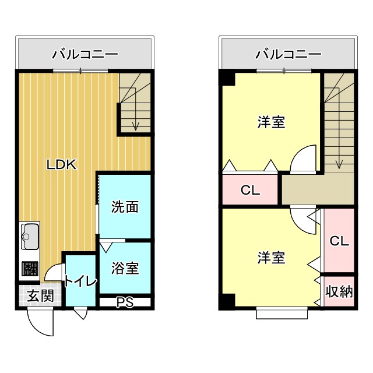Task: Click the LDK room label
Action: click(62, 164)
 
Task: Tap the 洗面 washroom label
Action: click(125, 207)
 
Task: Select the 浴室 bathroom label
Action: click(125, 269)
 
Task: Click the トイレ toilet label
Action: click(80, 281)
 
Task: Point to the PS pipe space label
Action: click(125, 302)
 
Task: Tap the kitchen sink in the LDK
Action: click(30, 236)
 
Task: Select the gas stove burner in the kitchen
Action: click(30, 269)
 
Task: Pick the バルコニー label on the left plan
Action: click(85, 55)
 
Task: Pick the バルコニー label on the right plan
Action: click(288, 55)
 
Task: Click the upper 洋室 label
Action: click(272, 122)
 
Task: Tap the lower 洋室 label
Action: click(272, 257)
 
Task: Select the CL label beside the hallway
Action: click(250, 191)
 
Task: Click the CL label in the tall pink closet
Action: click(339, 241)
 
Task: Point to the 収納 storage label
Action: click(339, 291)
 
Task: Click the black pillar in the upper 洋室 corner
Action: click(227, 77)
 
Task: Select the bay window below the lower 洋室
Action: click(281, 313)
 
